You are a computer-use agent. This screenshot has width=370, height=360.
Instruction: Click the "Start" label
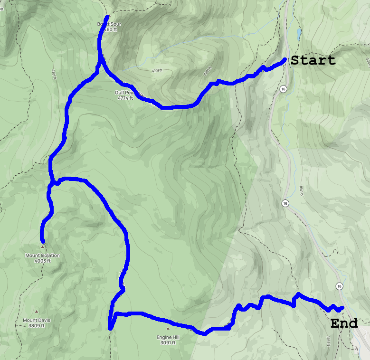point(313,61)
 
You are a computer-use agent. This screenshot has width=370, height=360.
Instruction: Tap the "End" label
point(344,324)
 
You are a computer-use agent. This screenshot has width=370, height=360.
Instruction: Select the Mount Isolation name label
point(43,256)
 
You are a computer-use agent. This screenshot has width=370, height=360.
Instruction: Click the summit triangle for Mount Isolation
point(43,247)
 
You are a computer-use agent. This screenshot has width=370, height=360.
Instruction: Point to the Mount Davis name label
point(37,320)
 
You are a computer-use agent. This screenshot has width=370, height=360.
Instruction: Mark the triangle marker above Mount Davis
point(37,312)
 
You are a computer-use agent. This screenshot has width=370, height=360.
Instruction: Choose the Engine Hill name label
point(168,337)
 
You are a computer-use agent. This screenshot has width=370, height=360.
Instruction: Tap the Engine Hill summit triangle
point(168,329)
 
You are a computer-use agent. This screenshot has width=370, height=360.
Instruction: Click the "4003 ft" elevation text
point(43,261)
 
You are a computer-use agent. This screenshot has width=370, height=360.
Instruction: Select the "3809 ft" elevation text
point(37,326)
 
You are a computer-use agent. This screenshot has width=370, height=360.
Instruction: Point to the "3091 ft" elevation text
point(168,342)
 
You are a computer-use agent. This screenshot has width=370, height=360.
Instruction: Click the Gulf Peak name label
point(125,93)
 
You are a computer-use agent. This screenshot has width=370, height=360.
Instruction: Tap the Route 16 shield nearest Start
point(283,89)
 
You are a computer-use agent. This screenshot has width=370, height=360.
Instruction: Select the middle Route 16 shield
point(285,203)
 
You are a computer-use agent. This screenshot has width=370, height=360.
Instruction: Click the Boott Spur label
point(107,24)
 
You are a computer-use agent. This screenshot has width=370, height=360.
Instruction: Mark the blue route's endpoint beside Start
point(284,59)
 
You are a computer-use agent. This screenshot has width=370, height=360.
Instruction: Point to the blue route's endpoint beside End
point(342,308)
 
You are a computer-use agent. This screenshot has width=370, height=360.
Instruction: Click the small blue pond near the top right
point(299,33)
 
